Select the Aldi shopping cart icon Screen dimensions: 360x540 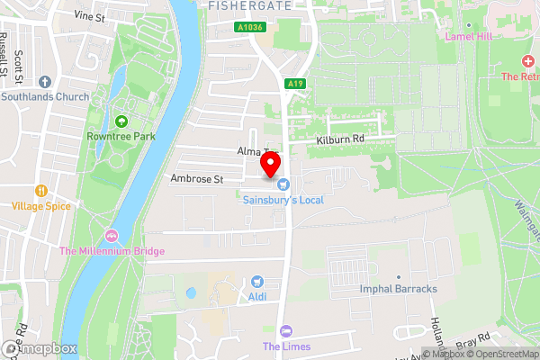[x=256, y=282]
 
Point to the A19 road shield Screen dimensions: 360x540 [x=292, y=84]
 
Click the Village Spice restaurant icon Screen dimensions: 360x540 [x=40, y=191]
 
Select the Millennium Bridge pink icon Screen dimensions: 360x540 [x=112, y=236]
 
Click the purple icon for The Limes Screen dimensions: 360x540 [x=286, y=331]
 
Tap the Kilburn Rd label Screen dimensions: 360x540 [x=339, y=139]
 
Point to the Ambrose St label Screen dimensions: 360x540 [x=197, y=179]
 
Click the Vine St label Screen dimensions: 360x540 [x=89, y=16]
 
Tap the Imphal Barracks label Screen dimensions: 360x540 [x=398, y=289]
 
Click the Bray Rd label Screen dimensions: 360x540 [x=472, y=345]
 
